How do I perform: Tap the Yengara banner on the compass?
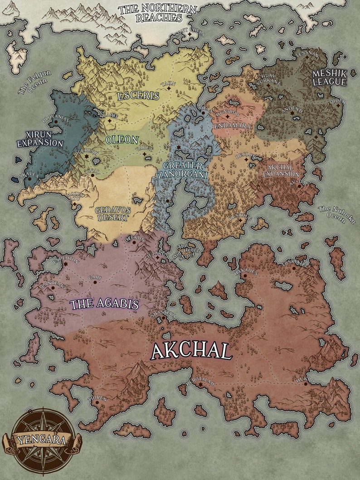pyautogui.click(x=41, y=439)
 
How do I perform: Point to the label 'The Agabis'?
pyautogui.click(x=104, y=304)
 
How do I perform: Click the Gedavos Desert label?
pyautogui.click(x=112, y=214)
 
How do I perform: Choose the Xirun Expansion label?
pyautogui.click(x=40, y=139)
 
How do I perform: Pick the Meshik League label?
pyautogui.click(x=330, y=78)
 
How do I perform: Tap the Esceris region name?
pyautogui.click(x=138, y=96)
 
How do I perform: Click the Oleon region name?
pyautogui.click(x=122, y=140)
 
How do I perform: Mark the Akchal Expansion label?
pyautogui.click(x=281, y=170)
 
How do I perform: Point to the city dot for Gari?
pyautogui.click(x=95, y=282)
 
